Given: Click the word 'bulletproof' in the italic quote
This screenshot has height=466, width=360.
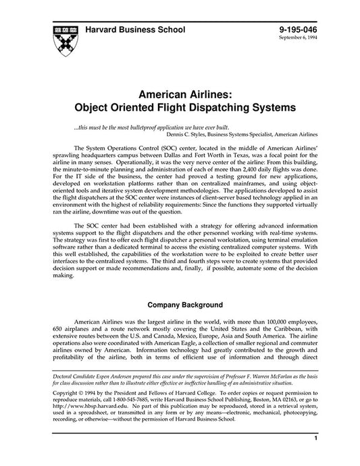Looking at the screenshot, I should (146, 127).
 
